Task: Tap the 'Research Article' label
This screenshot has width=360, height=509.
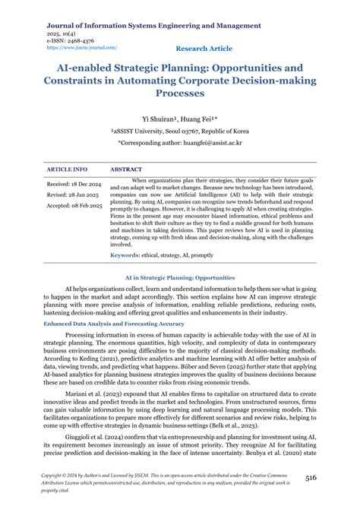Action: (204, 48)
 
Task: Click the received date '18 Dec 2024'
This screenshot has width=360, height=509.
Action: (88, 185)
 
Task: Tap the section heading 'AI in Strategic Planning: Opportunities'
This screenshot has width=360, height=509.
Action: (179, 278)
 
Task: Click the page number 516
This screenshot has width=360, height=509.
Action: (333, 476)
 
